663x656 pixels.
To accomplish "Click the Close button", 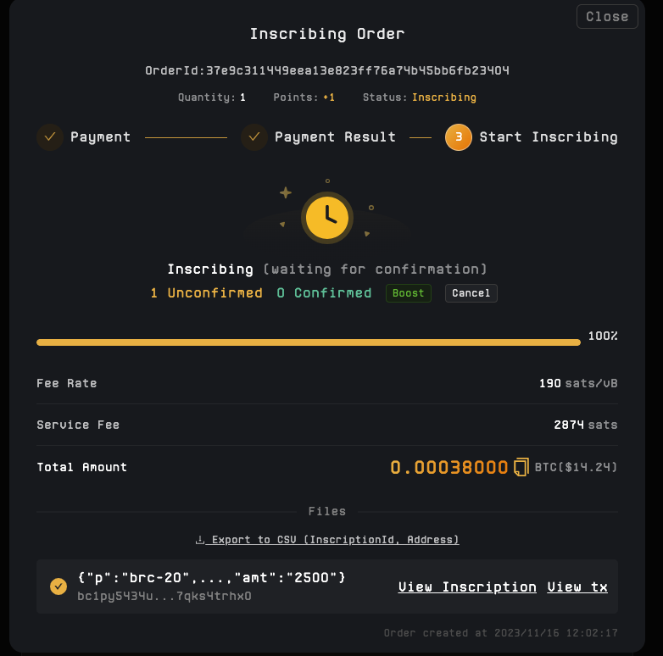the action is click(x=607, y=16).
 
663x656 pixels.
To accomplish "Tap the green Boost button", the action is click(x=409, y=293).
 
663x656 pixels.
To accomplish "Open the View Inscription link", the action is click(x=467, y=587).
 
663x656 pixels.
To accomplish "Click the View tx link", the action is click(x=577, y=587).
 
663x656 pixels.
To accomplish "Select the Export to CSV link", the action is click(x=327, y=540).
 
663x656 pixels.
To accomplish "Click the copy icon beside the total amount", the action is click(x=521, y=467).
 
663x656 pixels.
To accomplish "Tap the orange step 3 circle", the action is click(x=459, y=137).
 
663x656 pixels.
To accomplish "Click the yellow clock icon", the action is click(x=327, y=218).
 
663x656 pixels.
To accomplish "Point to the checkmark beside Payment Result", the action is click(x=254, y=137).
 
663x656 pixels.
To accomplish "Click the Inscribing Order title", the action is click(x=327, y=34).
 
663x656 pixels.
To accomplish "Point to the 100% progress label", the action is click(x=603, y=336).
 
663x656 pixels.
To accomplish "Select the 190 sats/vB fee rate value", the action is click(x=578, y=383).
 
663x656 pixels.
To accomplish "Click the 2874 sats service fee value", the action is click(x=586, y=425).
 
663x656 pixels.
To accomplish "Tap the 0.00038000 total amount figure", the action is click(x=449, y=467).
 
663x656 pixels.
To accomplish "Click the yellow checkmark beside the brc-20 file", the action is click(x=58, y=587).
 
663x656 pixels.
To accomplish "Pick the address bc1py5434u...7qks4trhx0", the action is click(x=164, y=596).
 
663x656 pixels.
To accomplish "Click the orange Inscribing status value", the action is click(x=444, y=97).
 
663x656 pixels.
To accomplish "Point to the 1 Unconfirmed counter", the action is click(x=206, y=293).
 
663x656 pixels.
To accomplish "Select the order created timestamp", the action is click(x=500, y=633).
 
